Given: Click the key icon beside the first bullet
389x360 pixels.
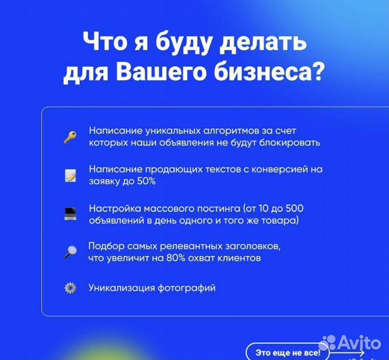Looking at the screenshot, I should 70,137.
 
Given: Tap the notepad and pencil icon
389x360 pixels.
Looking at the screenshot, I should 70,175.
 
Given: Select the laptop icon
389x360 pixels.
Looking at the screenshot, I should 70,214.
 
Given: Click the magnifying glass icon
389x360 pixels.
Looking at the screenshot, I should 70,251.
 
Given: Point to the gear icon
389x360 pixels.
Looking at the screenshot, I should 70,288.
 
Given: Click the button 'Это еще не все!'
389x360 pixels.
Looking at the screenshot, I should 288,351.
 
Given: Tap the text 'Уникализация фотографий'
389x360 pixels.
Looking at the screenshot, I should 152,288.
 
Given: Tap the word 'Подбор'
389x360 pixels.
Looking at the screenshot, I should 104,245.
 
